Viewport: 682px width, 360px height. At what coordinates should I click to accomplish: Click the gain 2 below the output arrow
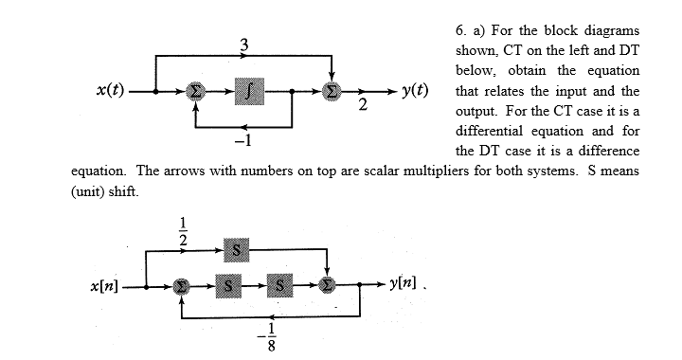(x=363, y=106)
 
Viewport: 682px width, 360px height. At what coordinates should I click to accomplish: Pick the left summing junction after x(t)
(x=195, y=92)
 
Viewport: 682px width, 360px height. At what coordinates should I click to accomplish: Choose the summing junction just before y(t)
(x=332, y=92)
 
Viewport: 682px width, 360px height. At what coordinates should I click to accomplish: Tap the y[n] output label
(x=407, y=285)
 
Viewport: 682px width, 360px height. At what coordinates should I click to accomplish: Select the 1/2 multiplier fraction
(x=184, y=231)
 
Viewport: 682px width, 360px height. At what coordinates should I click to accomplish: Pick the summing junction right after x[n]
(x=181, y=285)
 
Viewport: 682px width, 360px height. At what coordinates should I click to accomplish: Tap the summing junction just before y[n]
(x=327, y=285)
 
